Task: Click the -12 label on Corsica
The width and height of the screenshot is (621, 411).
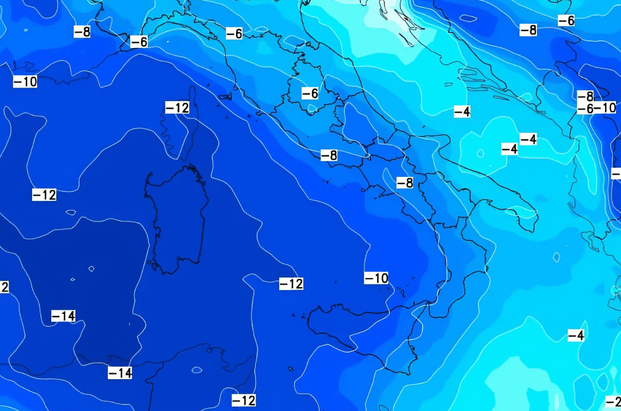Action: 177,107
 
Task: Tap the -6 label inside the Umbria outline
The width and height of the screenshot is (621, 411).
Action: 310,93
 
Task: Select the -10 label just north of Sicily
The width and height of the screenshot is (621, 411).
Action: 376,278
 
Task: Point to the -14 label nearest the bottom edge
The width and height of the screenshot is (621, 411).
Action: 120,373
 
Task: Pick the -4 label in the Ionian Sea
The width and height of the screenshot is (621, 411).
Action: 576,335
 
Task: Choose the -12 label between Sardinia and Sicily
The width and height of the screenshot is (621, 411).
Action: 291,284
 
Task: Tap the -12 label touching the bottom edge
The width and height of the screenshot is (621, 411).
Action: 244,400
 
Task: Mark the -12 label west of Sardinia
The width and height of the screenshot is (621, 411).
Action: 44,195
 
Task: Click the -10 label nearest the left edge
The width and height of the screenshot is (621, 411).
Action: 25,82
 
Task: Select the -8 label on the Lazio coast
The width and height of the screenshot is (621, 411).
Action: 329,156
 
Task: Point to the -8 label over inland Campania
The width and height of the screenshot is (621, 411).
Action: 405,183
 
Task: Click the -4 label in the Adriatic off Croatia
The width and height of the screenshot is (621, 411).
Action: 462,112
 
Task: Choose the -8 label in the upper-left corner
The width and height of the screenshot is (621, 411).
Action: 82,32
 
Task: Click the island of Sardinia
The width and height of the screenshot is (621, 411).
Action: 176,217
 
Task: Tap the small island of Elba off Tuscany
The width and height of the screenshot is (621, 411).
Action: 224,96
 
